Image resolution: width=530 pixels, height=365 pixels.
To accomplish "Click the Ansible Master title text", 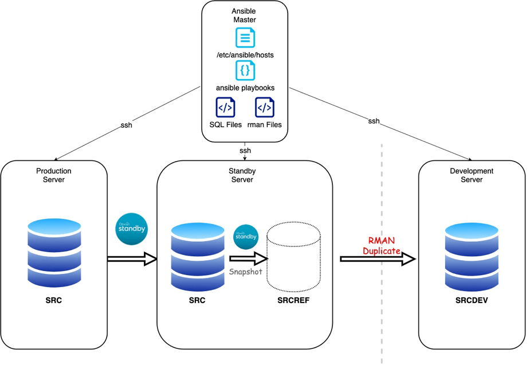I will tap(245, 15).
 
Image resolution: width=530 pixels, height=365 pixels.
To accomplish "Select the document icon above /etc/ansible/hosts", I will tap(245, 38).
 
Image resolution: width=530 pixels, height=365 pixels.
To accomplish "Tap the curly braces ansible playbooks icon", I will tap(245, 71).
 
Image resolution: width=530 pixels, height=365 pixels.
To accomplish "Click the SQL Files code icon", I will tap(225, 108).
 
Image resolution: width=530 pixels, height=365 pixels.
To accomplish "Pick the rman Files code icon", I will tap(265, 108).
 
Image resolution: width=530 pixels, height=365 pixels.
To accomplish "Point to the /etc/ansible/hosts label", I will tap(245, 55).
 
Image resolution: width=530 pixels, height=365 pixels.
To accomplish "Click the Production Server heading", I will tap(54, 175).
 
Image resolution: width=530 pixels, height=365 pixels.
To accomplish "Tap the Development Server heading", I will tap(472, 175).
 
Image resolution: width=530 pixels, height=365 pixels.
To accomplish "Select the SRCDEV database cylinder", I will tap(472, 256).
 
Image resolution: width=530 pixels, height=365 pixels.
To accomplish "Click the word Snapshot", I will tap(246, 272).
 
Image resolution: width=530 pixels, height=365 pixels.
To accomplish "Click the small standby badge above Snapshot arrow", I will tap(246, 236).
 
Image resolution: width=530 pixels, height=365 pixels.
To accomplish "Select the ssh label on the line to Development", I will tap(374, 121).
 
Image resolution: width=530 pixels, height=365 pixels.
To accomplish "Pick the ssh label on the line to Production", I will tap(126, 125).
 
